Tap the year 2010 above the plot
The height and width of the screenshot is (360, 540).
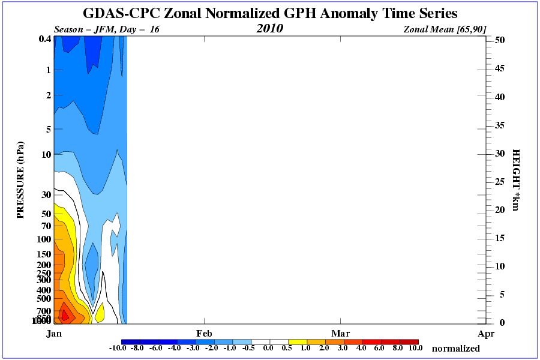click(269, 28)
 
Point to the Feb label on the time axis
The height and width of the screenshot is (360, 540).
click(204, 333)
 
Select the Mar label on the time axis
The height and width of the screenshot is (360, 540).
click(341, 333)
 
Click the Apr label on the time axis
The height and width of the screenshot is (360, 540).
click(486, 333)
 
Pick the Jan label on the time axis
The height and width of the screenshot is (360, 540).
click(55, 333)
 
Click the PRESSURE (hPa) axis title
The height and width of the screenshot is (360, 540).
click(21, 180)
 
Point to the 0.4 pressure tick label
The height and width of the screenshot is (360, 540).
click(44, 40)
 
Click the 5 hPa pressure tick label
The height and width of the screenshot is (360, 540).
click(47, 128)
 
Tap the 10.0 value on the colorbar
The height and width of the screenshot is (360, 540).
click(416, 348)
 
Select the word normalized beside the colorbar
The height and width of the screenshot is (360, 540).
click(455, 348)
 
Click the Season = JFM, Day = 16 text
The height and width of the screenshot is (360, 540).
click(107, 29)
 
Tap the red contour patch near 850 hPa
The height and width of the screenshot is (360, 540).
click(66, 315)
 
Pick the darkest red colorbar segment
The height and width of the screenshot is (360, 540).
click(408, 341)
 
